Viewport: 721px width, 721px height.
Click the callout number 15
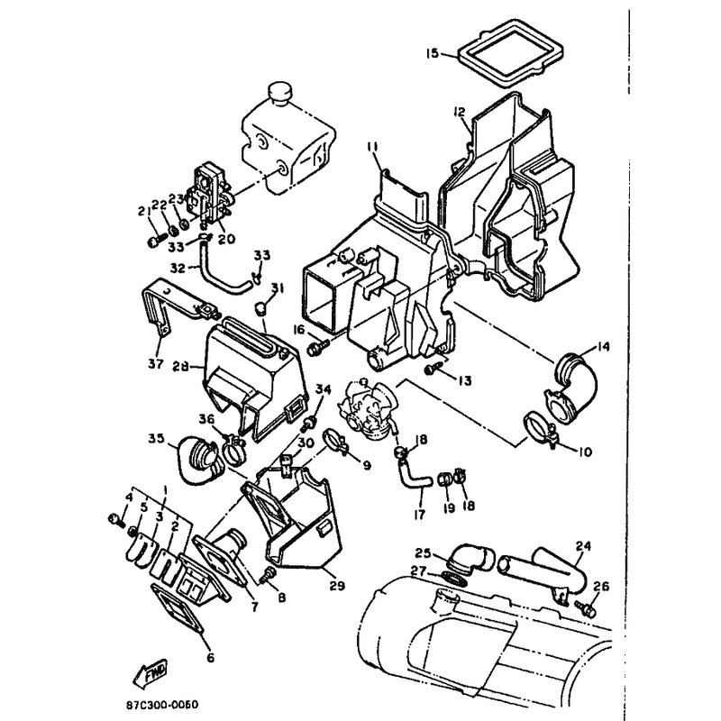(433, 53)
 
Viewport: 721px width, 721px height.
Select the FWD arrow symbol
(150, 672)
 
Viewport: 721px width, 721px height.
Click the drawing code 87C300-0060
(162, 705)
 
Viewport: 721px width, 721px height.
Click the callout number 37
(155, 364)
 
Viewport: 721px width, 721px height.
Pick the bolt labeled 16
(317, 347)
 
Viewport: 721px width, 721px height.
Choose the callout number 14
(603, 346)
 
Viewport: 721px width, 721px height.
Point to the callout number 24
(583, 546)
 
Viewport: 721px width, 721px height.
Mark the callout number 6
(211, 658)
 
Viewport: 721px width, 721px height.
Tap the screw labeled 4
(116, 520)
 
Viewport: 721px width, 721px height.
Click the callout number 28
(181, 367)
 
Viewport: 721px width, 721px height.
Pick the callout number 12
(459, 112)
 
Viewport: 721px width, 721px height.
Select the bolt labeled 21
(157, 240)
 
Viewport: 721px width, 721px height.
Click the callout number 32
(178, 267)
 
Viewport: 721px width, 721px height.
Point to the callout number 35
(156, 439)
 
